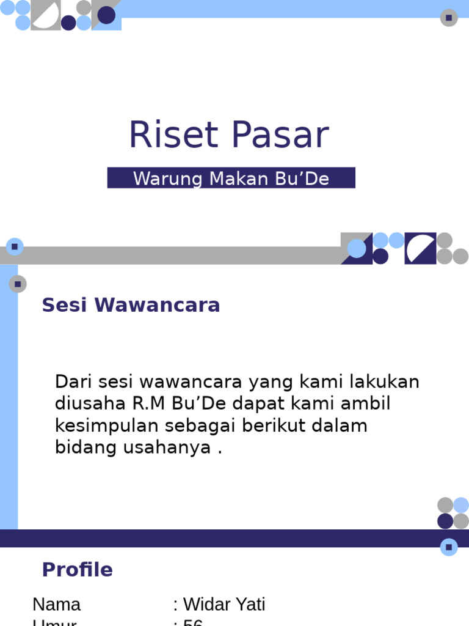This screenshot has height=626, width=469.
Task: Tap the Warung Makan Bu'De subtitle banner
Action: click(231, 178)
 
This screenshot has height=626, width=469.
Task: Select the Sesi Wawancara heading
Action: click(131, 305)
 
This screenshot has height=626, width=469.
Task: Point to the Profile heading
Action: click(77, 570)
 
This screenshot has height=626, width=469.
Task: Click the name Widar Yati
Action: click(224, 605)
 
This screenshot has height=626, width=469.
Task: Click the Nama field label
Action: click(56, 605)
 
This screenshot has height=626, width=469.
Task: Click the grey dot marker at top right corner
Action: click(449, 18)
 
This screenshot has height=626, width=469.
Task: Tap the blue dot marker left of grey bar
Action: click(14, 247)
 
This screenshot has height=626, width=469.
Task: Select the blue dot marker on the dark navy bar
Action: click(449, 547)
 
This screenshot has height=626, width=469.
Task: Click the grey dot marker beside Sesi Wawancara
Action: click(18, 284)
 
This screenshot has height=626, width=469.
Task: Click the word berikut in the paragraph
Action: click(280, 425)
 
